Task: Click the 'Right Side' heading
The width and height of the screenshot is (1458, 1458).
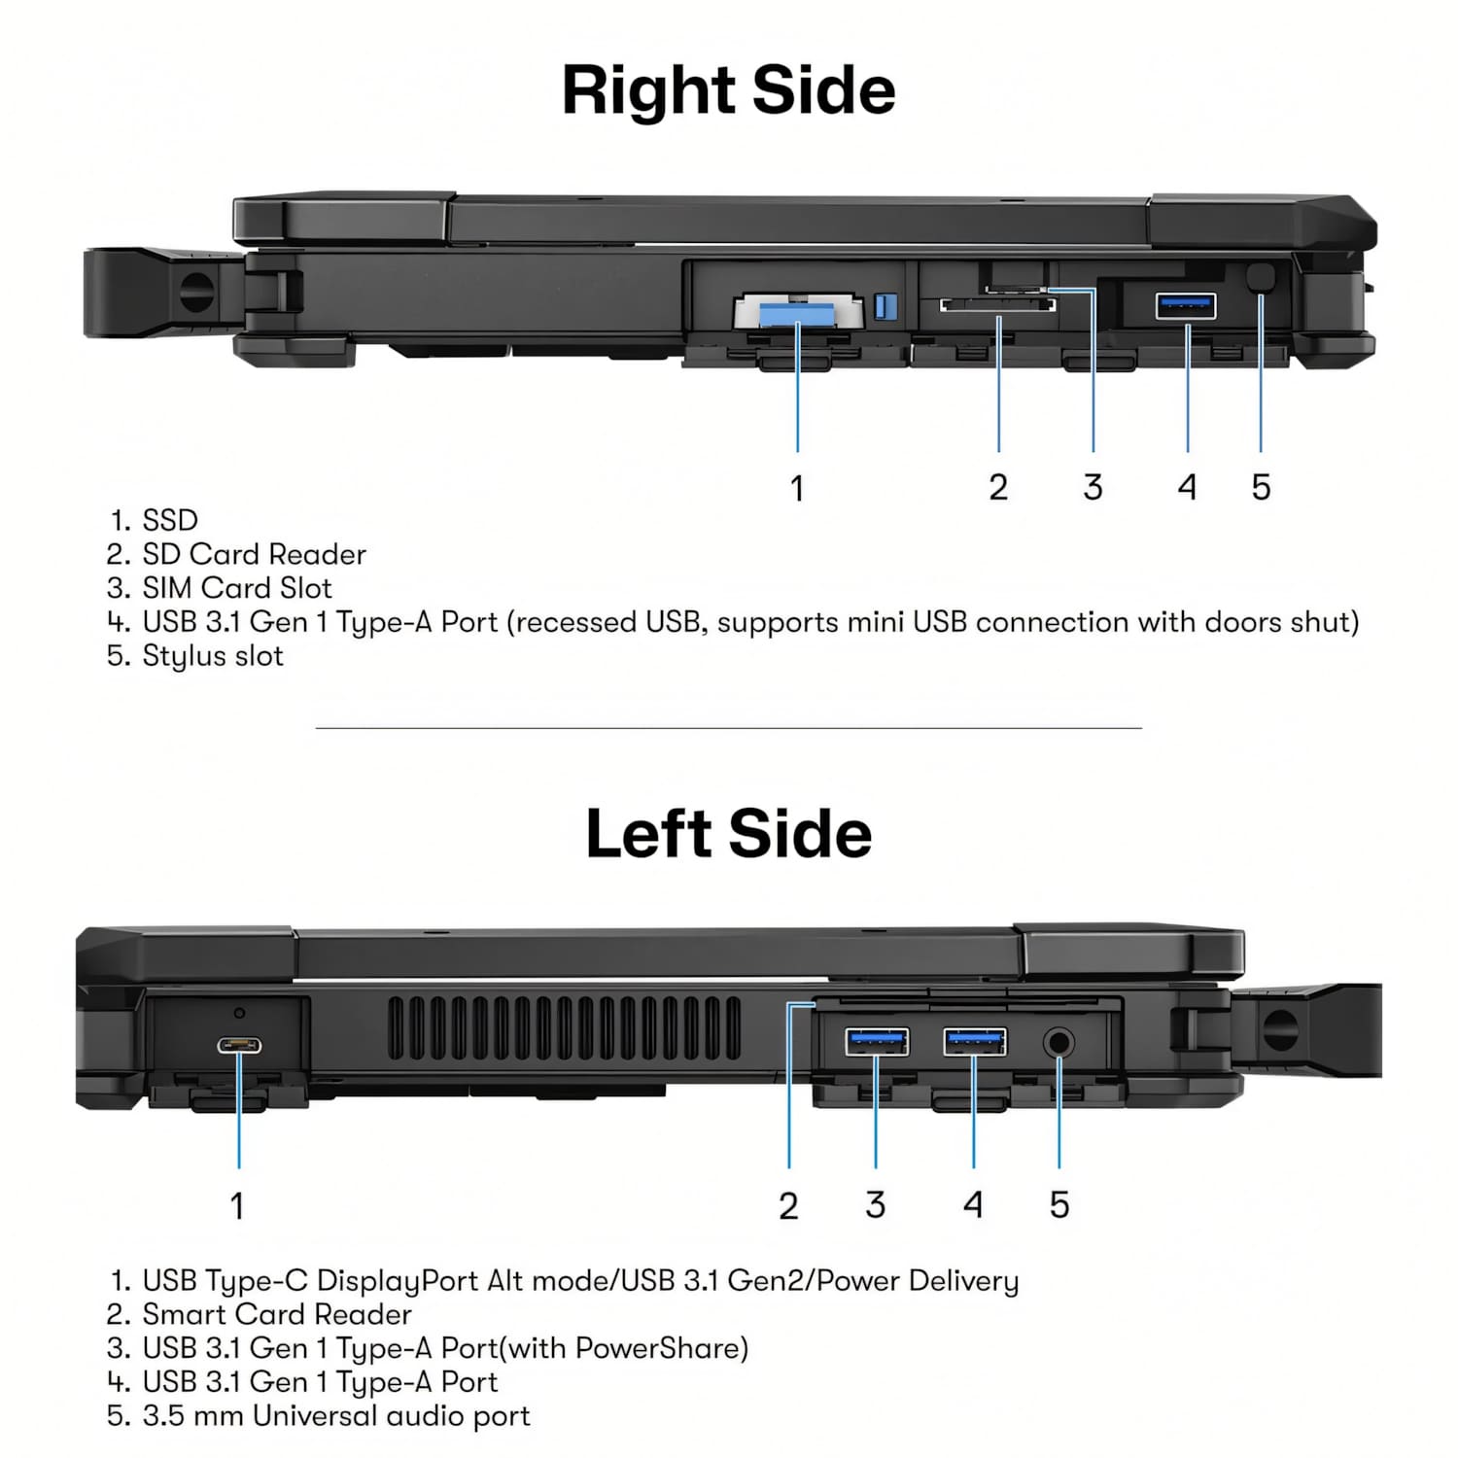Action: [x=728, y=90]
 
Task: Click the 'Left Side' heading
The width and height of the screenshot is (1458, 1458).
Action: [x=728, y=834]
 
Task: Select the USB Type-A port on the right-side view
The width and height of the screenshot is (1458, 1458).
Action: [x=1185, y=305]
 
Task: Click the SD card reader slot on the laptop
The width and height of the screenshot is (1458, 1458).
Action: [x=997, y=306]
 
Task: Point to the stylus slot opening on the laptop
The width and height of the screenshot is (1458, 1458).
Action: [x=1260, y=277]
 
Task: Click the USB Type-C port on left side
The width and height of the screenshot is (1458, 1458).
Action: [x=239, y=1046]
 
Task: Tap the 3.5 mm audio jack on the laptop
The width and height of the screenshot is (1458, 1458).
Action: [x=1059, y=1044]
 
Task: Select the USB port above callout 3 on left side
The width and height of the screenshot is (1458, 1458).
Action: [x=877, y=1042]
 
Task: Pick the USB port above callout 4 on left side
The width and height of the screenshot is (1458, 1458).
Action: [x=975, y=1042]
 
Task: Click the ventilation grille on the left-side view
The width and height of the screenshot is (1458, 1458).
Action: [x=564, y=1028]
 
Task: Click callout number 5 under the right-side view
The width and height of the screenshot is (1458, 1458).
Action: [x=1261, y=487]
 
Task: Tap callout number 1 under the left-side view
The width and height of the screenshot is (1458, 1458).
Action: [x=237, y=1205]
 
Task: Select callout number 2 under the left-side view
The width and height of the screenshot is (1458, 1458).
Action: [x=788, y=1205]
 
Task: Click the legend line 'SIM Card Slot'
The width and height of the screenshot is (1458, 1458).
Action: [x=236, y=588]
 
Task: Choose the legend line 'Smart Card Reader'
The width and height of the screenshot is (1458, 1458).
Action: [x=276, y=1314]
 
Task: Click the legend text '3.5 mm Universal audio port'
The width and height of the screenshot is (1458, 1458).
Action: [x=335, y=1415]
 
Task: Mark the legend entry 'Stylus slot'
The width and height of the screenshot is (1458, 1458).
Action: [x=212, y=656]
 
